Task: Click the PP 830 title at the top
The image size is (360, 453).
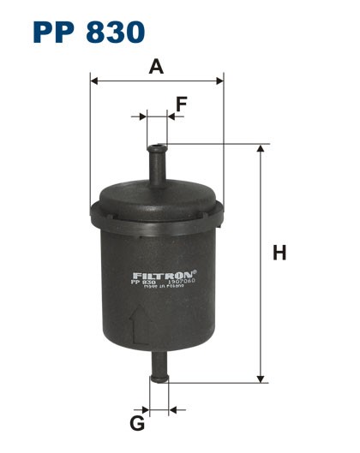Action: [x=87, y=32]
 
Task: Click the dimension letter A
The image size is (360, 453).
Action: [x=156, y=67]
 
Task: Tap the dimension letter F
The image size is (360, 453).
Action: [x=181, y=104]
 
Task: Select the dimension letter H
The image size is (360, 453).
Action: [x=279, y=253]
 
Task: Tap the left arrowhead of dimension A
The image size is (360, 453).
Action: [x=94, y=81]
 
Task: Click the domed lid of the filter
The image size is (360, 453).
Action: [x=158, y=194]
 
